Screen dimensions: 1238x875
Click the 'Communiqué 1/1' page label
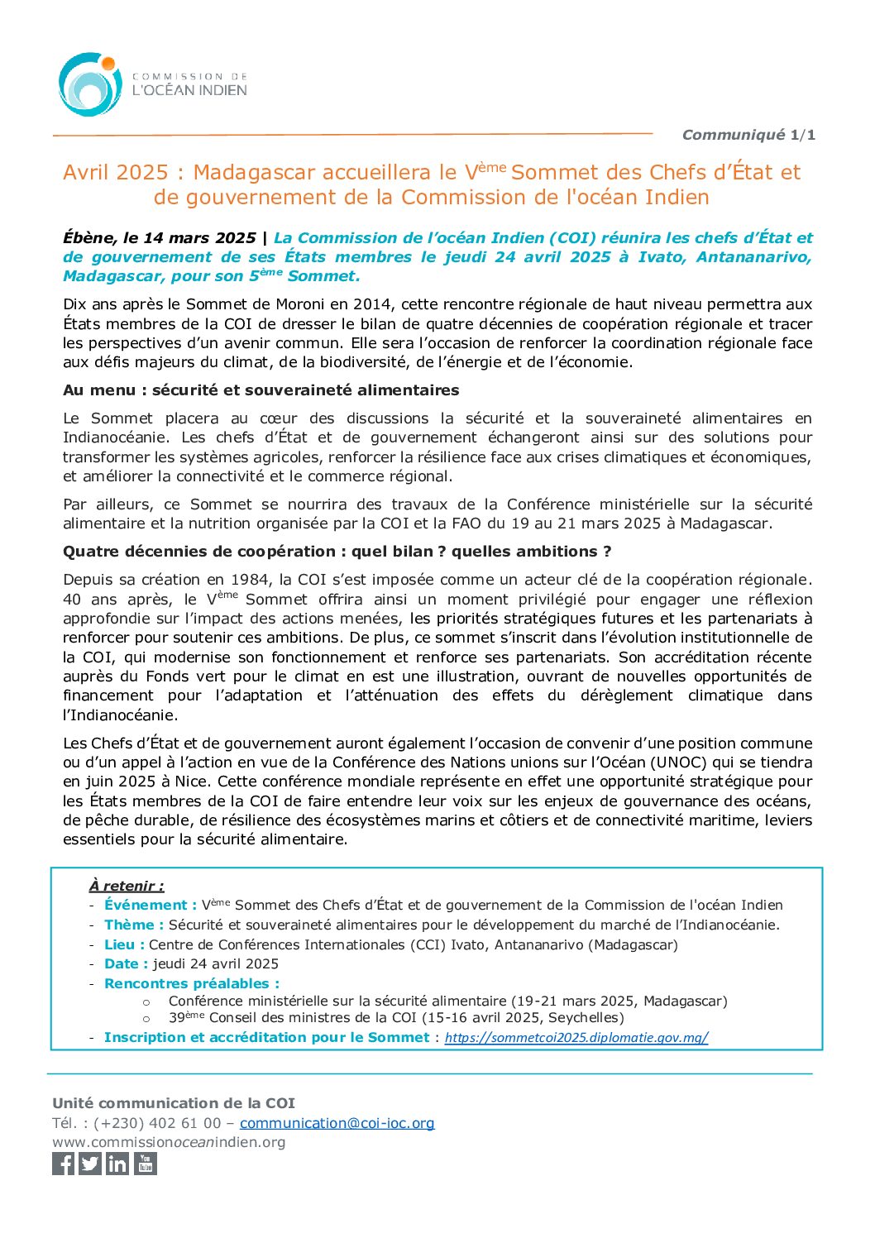point(748,135)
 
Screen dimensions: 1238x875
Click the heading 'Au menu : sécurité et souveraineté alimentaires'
point(261,390)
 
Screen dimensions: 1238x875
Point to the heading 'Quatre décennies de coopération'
point(198,552)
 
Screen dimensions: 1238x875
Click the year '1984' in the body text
point(250,580)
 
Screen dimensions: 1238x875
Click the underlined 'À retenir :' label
point(127,886)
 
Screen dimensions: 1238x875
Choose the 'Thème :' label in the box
point(134,925)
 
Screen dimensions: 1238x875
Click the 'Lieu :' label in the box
point(124,944)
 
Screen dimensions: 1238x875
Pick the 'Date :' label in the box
point(126,964)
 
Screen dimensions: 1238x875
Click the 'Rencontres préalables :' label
point(192,984)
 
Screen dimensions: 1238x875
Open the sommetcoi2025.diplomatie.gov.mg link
point(576,1038)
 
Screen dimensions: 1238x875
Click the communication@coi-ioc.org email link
point(337,1123)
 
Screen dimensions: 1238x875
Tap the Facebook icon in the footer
point(64,1164)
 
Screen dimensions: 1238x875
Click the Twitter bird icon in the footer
point(91,1164)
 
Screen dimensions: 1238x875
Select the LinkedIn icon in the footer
point(117,1164)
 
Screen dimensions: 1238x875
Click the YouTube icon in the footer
point(146,1164)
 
